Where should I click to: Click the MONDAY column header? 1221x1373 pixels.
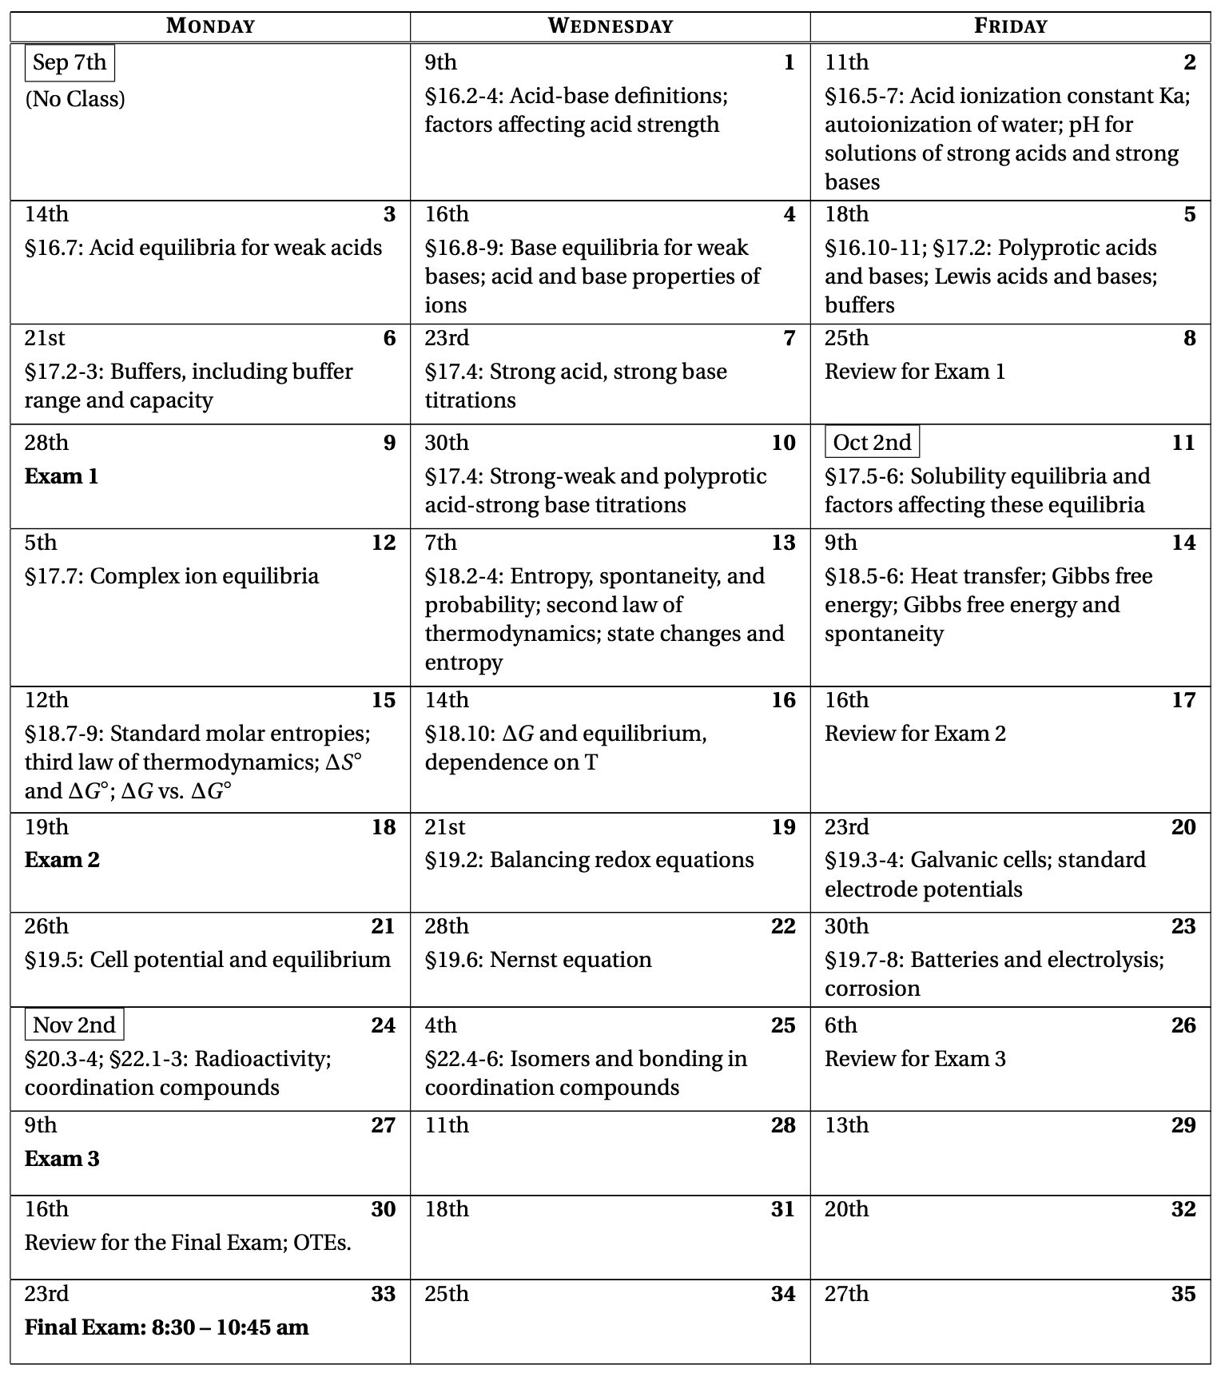[210, 26]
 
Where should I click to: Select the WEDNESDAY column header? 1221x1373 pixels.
[610, 26]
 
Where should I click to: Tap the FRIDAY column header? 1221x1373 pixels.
[1010, 26]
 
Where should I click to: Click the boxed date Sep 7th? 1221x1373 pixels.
[70, 62]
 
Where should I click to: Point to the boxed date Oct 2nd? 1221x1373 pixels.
[872, 442]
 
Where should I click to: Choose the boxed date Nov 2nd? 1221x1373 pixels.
[74, 1025]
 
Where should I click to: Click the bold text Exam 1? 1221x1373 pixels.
[62, 476]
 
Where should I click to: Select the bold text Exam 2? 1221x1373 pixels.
[62, 860]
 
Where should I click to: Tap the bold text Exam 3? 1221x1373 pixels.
[62, 1159]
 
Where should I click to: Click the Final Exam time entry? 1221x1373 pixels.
[166, 1327]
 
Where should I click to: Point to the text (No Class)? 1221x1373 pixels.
[75, 99]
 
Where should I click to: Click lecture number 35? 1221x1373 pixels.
[1183, 1294]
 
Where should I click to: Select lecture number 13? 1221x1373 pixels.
[783, 543]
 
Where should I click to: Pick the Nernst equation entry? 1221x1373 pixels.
[538, 960]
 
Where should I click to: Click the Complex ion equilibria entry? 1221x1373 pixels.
[172, 576]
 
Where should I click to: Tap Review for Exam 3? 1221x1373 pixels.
[915, 1059]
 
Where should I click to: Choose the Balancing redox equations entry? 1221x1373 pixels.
[589, 860]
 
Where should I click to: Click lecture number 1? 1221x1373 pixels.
[789, 62]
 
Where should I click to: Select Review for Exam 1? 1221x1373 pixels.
[915, 372]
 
